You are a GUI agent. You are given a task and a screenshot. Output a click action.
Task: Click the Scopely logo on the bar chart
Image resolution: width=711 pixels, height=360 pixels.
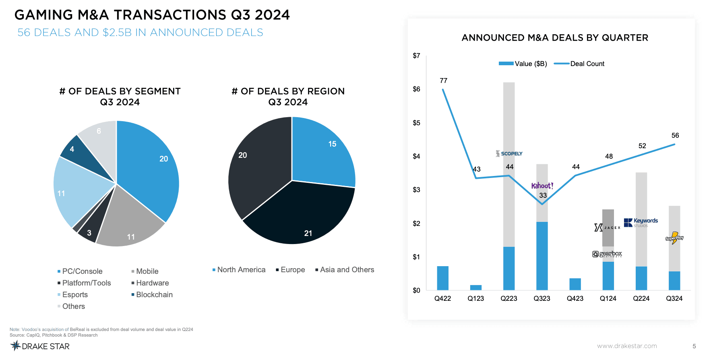coord(509,153)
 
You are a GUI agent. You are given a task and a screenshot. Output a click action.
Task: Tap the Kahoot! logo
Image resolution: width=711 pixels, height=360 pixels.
coord(542,186)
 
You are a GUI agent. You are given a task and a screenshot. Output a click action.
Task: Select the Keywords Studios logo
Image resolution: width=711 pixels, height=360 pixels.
coord(641,222)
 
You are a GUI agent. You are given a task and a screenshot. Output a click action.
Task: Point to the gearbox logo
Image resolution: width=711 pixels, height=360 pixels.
coord(607,254)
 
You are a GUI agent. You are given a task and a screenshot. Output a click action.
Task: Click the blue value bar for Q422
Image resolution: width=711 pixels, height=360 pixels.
coord(442,278)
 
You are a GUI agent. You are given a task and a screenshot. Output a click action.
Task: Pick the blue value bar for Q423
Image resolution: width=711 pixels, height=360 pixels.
coord(575,284)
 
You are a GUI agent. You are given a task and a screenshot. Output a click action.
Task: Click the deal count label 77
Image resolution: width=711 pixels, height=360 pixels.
coord(443,81)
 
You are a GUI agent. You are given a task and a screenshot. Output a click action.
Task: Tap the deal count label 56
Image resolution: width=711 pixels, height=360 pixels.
coord(675,135)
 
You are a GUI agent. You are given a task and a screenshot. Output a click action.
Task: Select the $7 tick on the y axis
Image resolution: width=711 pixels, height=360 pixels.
coord(416,56)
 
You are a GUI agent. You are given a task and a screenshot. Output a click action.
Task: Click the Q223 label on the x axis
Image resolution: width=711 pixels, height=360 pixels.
coord(508,298)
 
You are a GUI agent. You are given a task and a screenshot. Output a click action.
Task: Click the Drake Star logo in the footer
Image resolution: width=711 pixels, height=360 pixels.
coord(40,346)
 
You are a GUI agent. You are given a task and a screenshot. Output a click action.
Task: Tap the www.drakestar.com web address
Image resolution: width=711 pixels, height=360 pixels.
coord(627,346)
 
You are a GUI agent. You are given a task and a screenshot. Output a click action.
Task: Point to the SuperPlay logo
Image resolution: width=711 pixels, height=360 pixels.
coord(674,238)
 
